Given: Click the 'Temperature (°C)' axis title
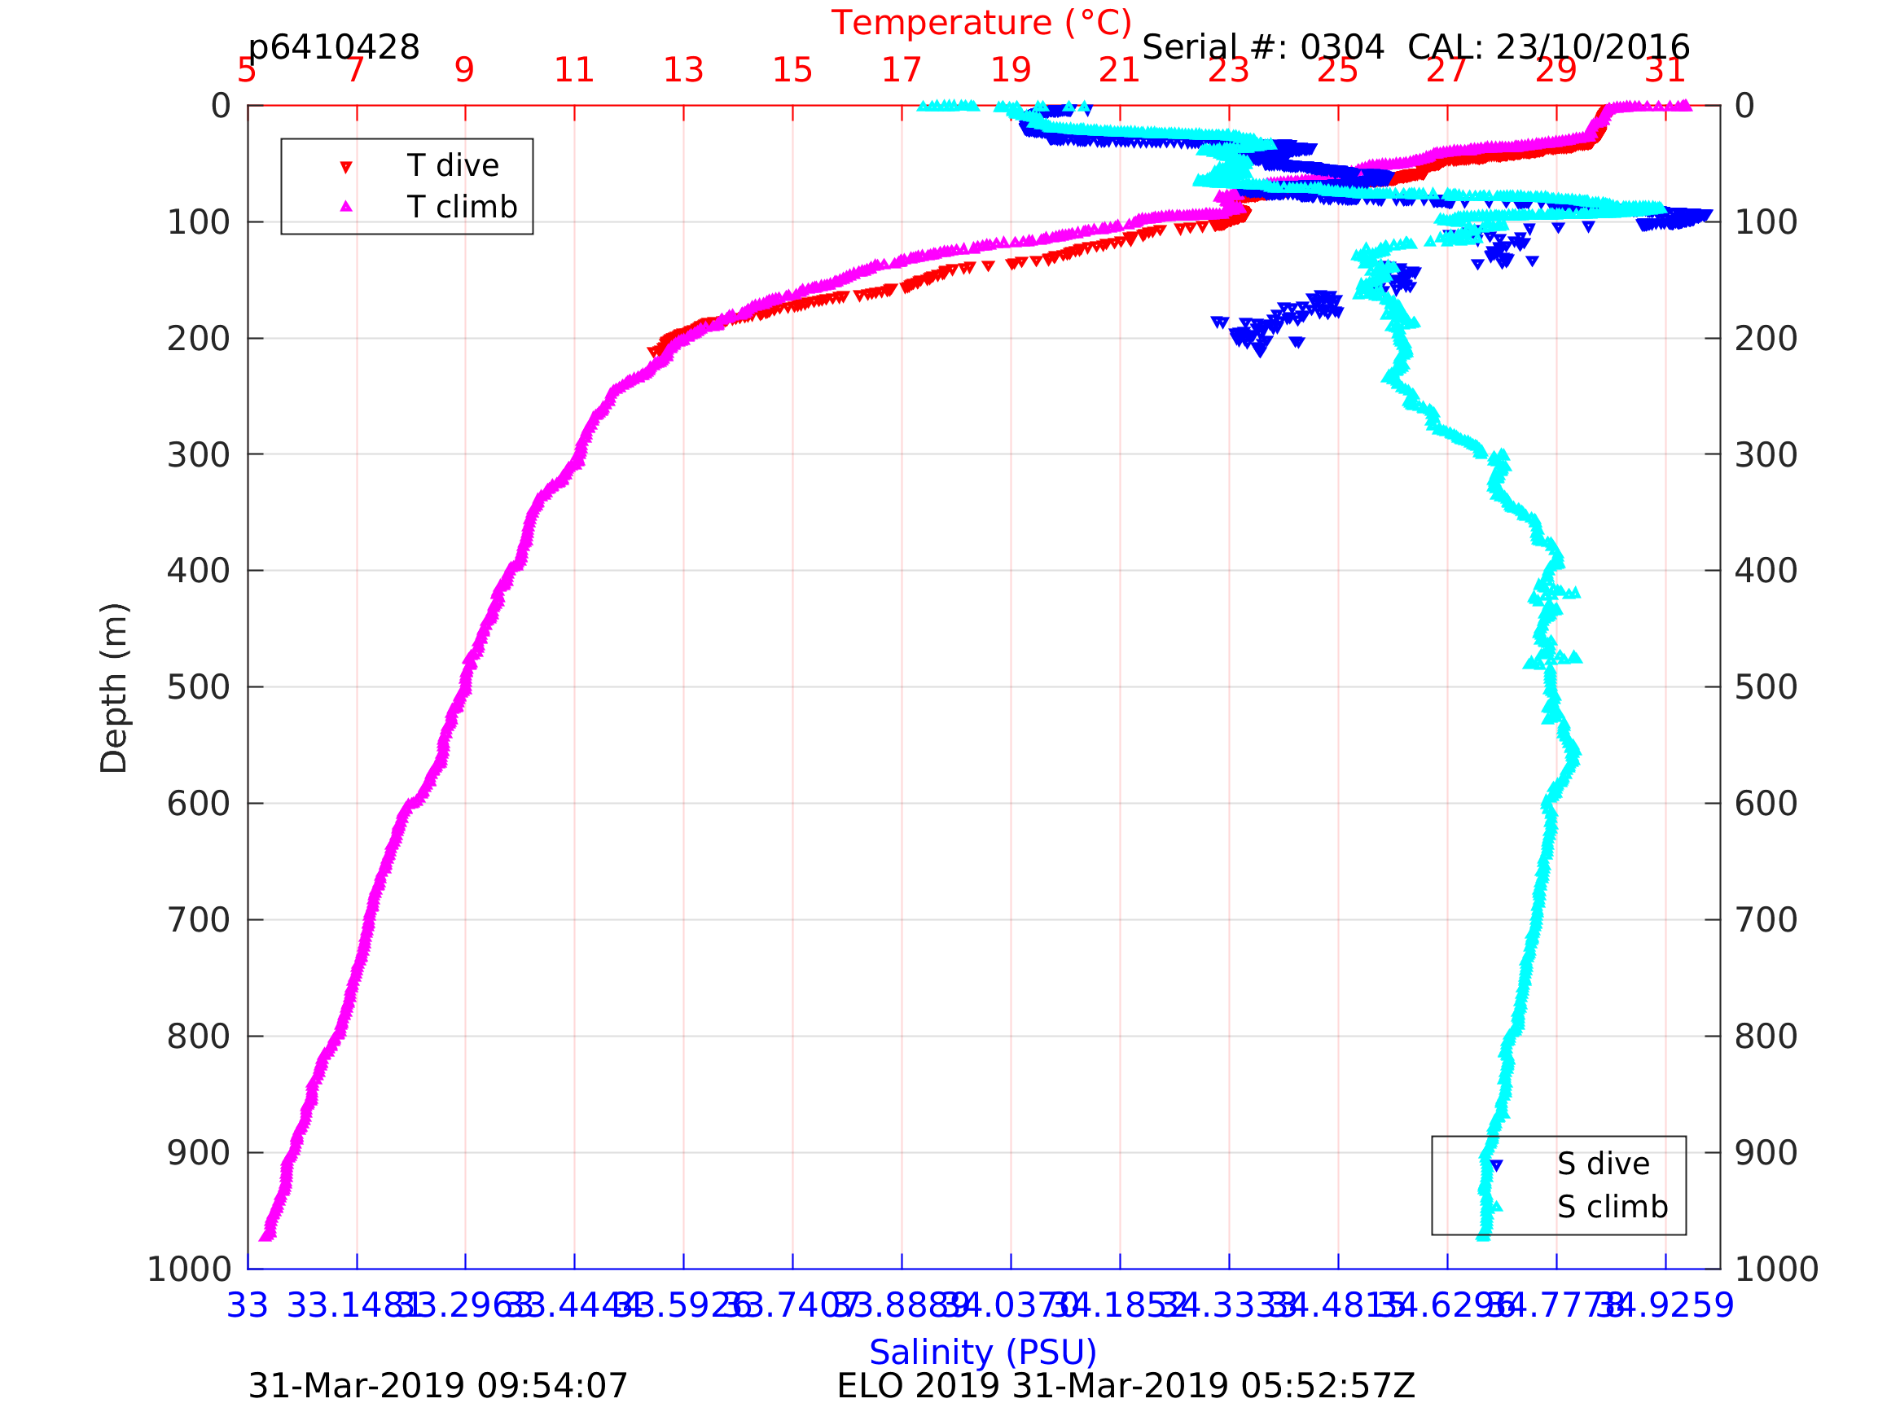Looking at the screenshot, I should coord(981,23).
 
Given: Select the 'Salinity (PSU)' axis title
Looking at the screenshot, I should coord(983,1353).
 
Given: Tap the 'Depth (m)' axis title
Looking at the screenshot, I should coord(113,687).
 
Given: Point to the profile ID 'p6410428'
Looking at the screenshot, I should coord(333,48).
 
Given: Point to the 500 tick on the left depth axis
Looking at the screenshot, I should coord(199,688).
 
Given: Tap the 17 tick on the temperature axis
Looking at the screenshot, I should coord(901,70).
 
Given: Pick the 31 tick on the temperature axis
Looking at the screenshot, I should coord(1665,70).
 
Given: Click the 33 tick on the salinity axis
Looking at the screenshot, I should coord(248,1306).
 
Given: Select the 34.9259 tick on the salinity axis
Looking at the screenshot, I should coord(1665,1306).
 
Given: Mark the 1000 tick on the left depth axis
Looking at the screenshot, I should coord(189,1269).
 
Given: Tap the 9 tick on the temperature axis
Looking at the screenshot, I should coord(465,70).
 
